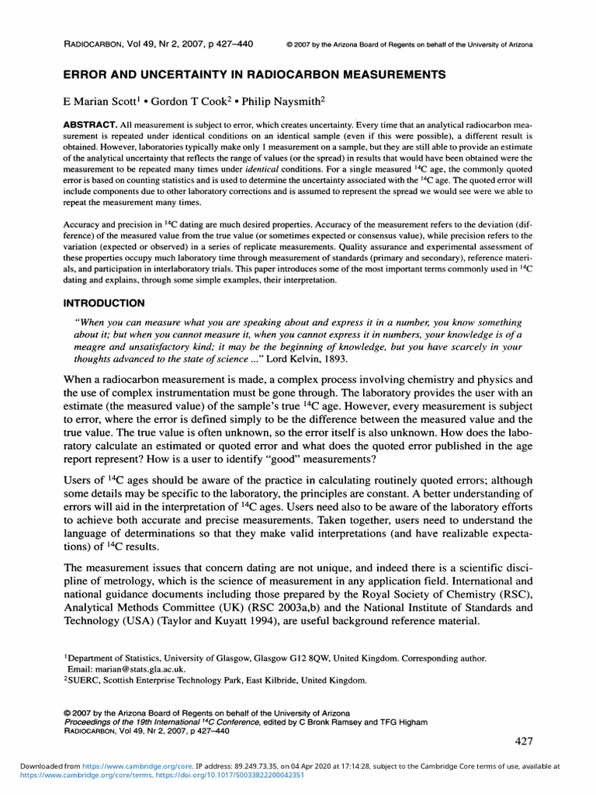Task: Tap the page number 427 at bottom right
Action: coord(524,741)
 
